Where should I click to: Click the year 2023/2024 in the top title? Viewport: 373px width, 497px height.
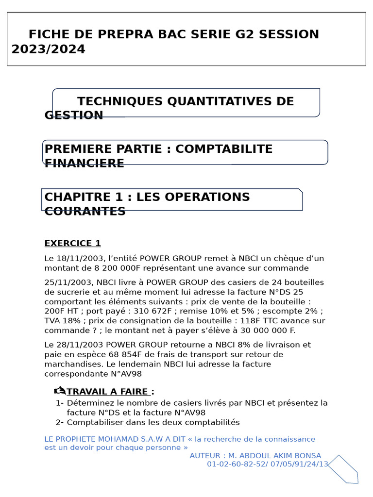48,50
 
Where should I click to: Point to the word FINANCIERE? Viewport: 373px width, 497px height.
84,164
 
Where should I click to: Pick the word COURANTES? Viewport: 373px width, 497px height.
85,212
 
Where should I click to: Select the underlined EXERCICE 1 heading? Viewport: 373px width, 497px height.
72,243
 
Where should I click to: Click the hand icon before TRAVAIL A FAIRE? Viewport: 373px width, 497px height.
60,391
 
